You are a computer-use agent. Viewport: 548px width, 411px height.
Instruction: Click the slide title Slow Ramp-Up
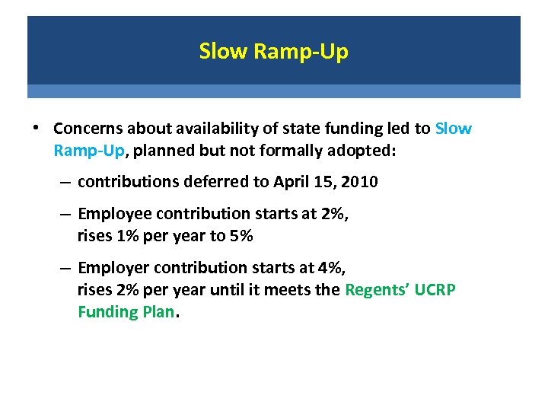[273, 51]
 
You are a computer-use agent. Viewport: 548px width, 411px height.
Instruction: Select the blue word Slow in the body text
[454, 129]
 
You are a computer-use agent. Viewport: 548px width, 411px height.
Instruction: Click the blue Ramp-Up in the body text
[88, 151]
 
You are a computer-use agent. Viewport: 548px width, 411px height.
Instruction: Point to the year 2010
[358, 182]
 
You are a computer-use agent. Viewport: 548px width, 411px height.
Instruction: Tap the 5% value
[242, 236]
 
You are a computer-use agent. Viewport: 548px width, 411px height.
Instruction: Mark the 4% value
[333, 268]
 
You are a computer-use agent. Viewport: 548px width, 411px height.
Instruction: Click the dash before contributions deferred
[65, 183]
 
